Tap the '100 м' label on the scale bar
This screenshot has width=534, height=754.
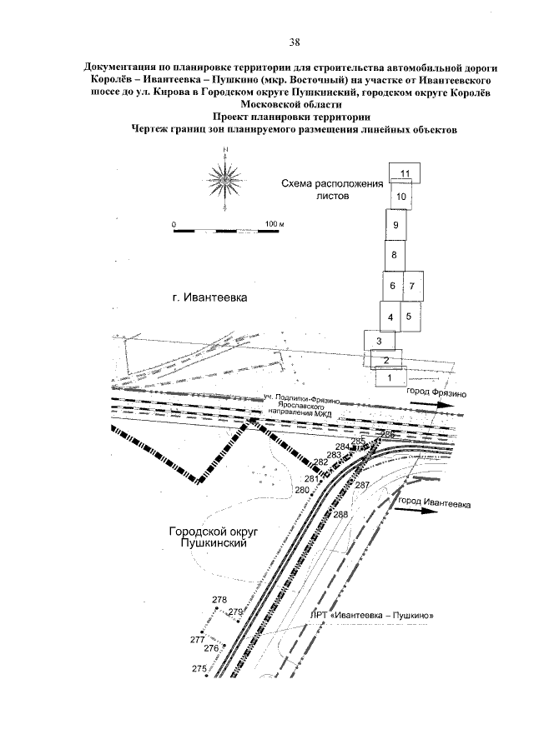pos(275,225)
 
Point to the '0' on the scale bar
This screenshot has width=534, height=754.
pos(174,225)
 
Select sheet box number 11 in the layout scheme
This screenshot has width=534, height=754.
pos(405,173)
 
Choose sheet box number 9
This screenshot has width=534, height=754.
pos(395,225)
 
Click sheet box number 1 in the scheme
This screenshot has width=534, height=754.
pos(385,377)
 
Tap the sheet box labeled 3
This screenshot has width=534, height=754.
pos(379,341)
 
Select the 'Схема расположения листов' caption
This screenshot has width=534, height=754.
pos(330,189)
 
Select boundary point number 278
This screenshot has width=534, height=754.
pos(219,600)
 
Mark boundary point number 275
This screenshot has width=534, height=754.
pos(199,669)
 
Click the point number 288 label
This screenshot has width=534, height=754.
pos(340,514)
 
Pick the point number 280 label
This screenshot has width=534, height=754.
pos(302,490)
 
